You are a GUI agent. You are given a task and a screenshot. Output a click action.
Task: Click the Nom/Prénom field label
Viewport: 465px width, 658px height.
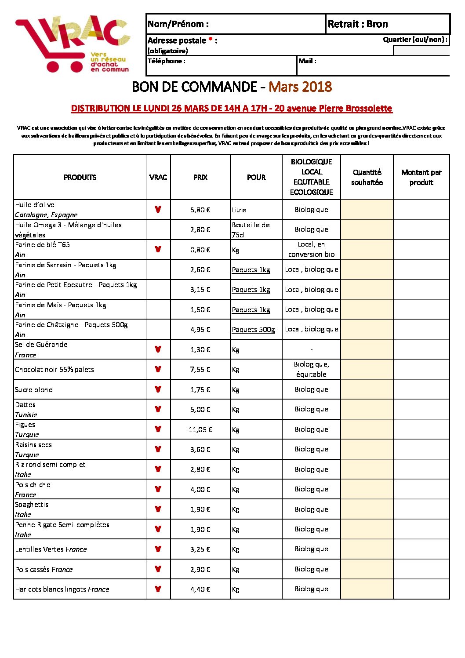[178, 24]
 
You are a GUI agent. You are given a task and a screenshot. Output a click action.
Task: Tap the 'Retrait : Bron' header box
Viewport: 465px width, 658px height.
[358, 24]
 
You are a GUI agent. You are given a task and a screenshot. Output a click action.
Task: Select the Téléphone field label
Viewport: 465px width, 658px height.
[166, 61]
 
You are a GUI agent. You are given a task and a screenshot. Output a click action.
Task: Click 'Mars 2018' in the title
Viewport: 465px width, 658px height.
[300, 87]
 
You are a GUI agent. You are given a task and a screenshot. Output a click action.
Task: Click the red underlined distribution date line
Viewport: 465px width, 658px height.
[232, 109]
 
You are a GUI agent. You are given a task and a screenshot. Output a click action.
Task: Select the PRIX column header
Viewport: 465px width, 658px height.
[200, 178]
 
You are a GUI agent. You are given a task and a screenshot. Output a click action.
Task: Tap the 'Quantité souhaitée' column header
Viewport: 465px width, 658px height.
[367, 178]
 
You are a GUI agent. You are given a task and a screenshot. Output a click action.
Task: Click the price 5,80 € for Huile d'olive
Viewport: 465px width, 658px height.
[200, 210]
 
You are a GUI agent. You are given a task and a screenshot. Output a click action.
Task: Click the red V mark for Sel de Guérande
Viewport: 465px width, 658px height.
[158, 349]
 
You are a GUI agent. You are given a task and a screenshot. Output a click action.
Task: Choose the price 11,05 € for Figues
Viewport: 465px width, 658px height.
[200, 430]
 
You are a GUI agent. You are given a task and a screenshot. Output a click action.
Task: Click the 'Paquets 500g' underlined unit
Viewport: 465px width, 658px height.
[253, 330]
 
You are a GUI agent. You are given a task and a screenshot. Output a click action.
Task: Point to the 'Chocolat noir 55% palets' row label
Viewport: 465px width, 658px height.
[54, 370]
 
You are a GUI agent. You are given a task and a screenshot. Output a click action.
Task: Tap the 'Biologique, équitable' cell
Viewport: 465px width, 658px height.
[311, 370]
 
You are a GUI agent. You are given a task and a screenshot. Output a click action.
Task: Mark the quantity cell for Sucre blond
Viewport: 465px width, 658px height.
[367, 389]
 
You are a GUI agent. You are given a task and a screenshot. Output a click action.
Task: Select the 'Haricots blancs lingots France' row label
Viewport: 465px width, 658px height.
[62, 589]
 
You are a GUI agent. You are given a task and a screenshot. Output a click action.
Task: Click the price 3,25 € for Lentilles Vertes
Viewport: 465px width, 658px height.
[200, 549]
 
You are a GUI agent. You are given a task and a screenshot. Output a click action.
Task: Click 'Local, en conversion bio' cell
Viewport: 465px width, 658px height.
[311, 250]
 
